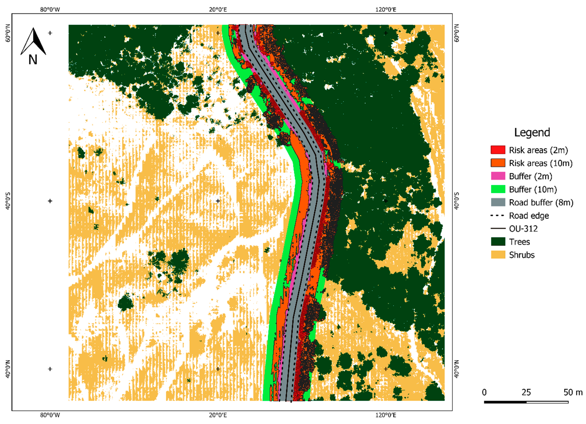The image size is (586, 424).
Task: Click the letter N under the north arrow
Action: tap(33, 60)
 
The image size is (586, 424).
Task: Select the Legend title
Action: tap(532, 133)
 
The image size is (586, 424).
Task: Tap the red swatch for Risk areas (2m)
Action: tap(498, 150)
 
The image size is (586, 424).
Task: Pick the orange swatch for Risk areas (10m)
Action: tap(498, 163)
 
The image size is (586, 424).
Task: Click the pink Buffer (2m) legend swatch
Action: tap(498, 176)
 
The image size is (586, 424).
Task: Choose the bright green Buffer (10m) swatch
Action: tap(498, 189)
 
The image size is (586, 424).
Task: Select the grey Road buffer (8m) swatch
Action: tap(498, 202)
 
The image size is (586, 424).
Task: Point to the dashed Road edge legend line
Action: tap(498, 215)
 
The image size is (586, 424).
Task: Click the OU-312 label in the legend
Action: tap(523, 229)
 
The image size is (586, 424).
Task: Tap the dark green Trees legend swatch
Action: tap(498, 242)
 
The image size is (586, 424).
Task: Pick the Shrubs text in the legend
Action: tap(522, 255)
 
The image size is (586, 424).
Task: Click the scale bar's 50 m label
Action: tap(573, 392)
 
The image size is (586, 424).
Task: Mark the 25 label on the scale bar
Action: tap(526, 392)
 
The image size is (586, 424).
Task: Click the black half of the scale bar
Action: tap(505, 402)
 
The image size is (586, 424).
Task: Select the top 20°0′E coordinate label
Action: tap(218, 10)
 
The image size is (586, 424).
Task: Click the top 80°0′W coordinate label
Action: tap(50, 10)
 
